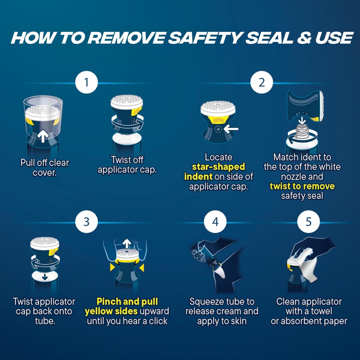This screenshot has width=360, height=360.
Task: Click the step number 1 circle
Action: [86, 82]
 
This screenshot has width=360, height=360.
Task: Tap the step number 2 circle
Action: [262, 82]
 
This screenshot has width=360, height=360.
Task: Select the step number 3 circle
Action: [86, 222]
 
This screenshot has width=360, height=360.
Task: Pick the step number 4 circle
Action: [215, 222]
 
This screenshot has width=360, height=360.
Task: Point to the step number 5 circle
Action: [308, 222]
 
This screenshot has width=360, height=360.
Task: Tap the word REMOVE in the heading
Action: [127, 38]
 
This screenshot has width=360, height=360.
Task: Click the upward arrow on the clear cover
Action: [43, 137]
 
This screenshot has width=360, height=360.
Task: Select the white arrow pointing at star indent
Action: [231, 129]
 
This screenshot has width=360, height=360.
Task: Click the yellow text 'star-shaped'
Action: [218, 167]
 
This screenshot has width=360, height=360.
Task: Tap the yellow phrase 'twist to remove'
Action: [302, 186]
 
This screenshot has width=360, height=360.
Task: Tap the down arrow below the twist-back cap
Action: [44, 277]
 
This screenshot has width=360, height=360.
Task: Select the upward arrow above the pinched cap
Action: [127, 243]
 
